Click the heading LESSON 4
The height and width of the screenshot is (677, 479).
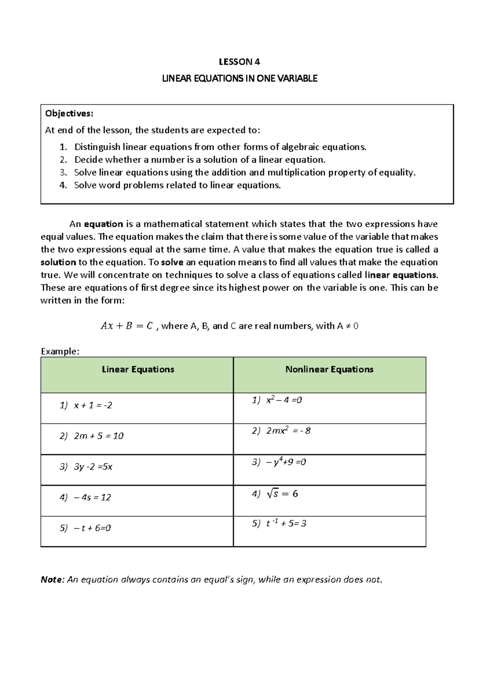pos(239,62)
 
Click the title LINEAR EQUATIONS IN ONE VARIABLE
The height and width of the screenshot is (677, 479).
pos(239,79)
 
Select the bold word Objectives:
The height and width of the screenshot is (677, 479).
pos(69,114)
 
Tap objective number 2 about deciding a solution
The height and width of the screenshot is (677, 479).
pos(200,160)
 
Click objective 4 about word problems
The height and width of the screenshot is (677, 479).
pos(177,186)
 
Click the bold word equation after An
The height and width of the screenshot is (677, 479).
pos(103,224)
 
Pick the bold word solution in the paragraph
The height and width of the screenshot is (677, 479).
pos(58,263)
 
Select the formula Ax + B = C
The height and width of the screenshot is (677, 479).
pos(127,326)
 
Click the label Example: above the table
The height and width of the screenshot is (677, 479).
pos(60,352)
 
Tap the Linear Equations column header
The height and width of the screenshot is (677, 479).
pos(138,370)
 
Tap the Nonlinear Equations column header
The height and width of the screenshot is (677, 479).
pos(329,370)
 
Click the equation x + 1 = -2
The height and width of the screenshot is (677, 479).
pos(93,406)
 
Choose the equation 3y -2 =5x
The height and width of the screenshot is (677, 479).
pos(93,467)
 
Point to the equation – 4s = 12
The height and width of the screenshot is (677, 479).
pos(92,498)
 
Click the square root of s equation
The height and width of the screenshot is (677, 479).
pos(282,494)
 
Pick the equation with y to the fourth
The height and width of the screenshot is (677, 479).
pos(285,463)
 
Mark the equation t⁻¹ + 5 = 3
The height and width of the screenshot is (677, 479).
pos(286,524)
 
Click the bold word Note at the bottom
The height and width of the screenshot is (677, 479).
pos(52,580)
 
